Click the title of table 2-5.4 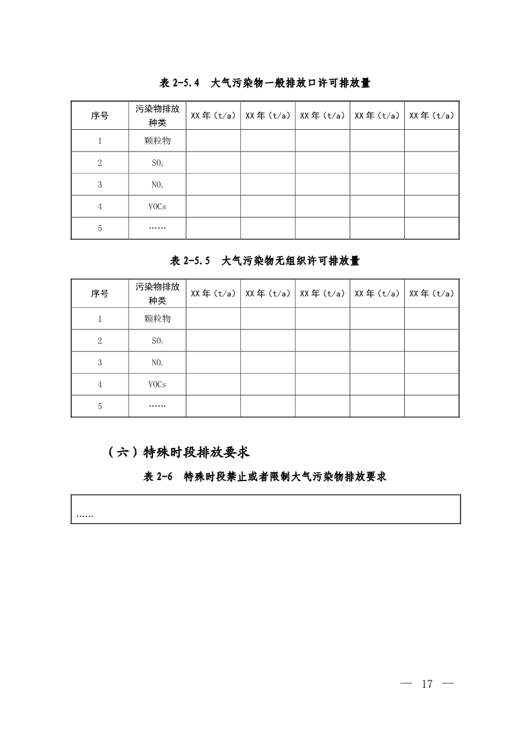(x=264, y=83)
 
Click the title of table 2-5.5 (x=264, y=261)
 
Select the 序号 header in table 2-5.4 (x=99, y=116)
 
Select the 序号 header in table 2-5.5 (x=99, y=294)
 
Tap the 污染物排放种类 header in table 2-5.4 (x=157, y=116)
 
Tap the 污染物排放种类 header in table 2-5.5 (x=157, y=294)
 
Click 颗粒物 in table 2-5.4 (x=157, y=141)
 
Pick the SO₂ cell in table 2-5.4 (x=157, y=163)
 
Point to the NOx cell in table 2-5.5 (x=157, y=363)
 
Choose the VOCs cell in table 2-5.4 (x=157, y=207)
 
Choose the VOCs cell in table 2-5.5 (x=157, y=385)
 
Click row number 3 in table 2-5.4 (x=100, y=185)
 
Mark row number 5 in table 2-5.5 (x=100, y=406)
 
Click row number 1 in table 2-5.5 (x=100, y=319)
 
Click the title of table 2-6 (x=264, y=477)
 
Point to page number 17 (x=427, y=684)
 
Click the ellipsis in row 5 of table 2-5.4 (x=157, y=228)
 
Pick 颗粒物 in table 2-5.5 (x=157, y=319)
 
